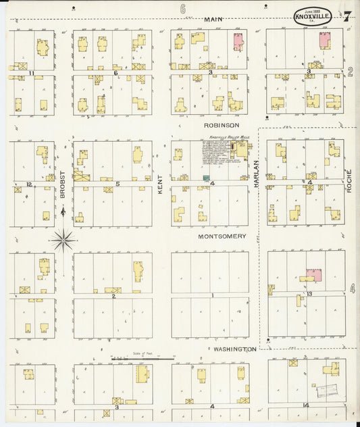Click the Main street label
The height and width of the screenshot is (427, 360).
[x=213, y=20]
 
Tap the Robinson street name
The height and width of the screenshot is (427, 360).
[x=222, y=125]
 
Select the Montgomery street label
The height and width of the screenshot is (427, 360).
[x=222, y=236]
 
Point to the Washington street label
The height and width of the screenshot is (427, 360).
[x=234, y=349]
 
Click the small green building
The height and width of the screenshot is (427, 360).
[x=205, y=177]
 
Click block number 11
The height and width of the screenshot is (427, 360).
[x=31, y=72]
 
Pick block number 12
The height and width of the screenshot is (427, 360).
[x=28, y=184]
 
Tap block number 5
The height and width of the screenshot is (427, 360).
[x=118, y=184]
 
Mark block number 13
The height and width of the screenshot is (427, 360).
[x=309, y=295]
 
